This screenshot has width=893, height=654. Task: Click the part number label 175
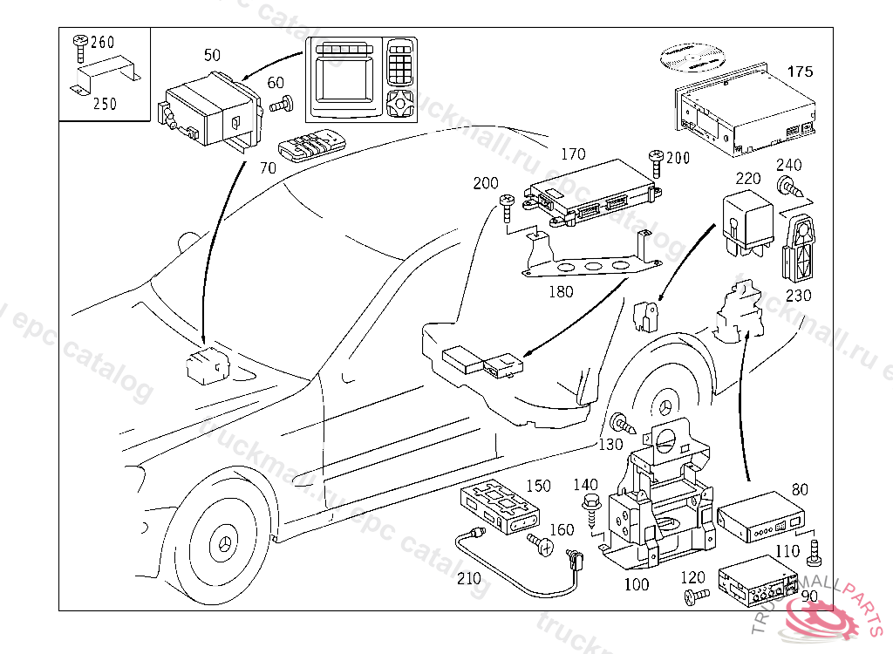pos(801,72)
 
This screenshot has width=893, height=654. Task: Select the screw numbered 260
pos(79,41)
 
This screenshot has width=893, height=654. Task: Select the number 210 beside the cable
pos(469,578)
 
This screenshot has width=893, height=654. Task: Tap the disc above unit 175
pos(693,56)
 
